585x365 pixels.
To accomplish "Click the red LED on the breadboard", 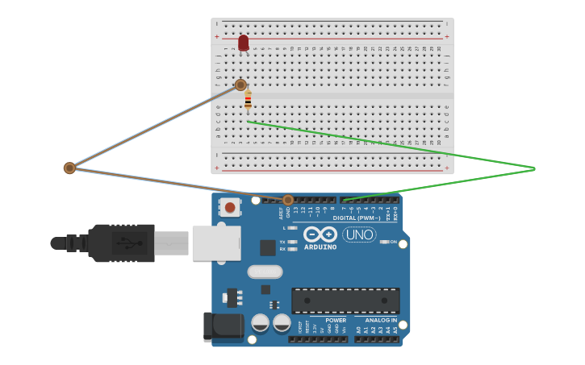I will (244, 42).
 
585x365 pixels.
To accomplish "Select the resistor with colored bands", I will (248, 101).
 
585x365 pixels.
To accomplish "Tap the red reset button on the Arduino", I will (230, 208).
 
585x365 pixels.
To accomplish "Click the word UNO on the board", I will (359, 234).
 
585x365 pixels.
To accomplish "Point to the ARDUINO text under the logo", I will (320, 247).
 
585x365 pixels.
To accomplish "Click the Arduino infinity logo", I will (320, 234).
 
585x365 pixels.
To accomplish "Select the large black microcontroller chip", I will (345, 301).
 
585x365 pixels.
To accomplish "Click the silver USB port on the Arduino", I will (216, 243).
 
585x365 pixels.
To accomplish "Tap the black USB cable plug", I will (121, 243).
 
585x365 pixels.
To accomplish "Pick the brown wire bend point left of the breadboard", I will (69, 168).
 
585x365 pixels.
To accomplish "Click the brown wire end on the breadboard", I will (240, 85).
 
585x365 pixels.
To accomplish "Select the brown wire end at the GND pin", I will (288, 200).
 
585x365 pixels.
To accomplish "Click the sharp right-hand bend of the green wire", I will (534, 168).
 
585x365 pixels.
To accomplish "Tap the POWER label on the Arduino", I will (336, 320).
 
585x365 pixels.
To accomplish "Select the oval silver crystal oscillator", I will (265, 272).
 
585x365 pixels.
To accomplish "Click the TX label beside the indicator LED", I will (282, 242).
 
